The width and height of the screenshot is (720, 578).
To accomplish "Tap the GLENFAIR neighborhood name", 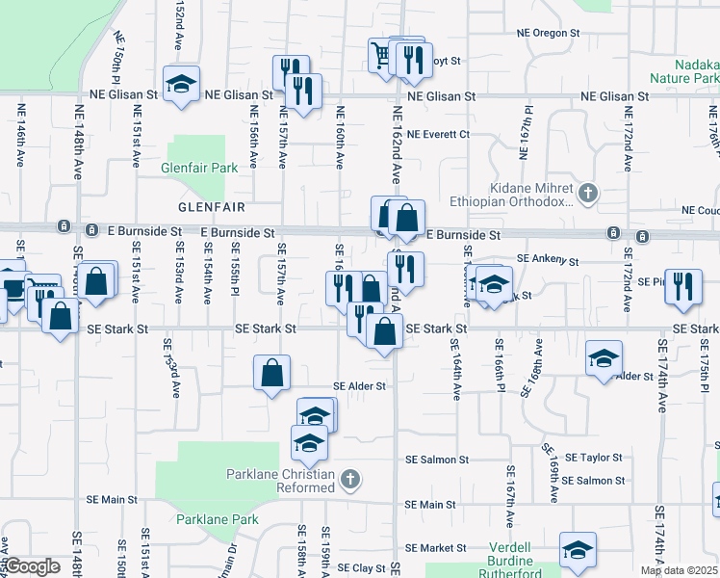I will pos(211,207).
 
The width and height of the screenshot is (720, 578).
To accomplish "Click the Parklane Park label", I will pos(218,519).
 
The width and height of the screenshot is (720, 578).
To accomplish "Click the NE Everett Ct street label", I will pos(438,134).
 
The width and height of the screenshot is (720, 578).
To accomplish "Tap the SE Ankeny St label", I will pos(547,259).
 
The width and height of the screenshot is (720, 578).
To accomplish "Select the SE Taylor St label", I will pos(594,458).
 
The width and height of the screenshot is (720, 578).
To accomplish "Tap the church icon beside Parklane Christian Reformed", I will pos(350,479).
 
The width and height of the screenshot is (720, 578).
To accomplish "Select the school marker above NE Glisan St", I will pos(180,84).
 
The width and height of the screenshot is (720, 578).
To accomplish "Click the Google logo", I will pos(32,566).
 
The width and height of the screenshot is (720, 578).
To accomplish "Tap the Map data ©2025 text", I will pos(679,570).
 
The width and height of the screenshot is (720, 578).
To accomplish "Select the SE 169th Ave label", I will pos(549,473).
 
